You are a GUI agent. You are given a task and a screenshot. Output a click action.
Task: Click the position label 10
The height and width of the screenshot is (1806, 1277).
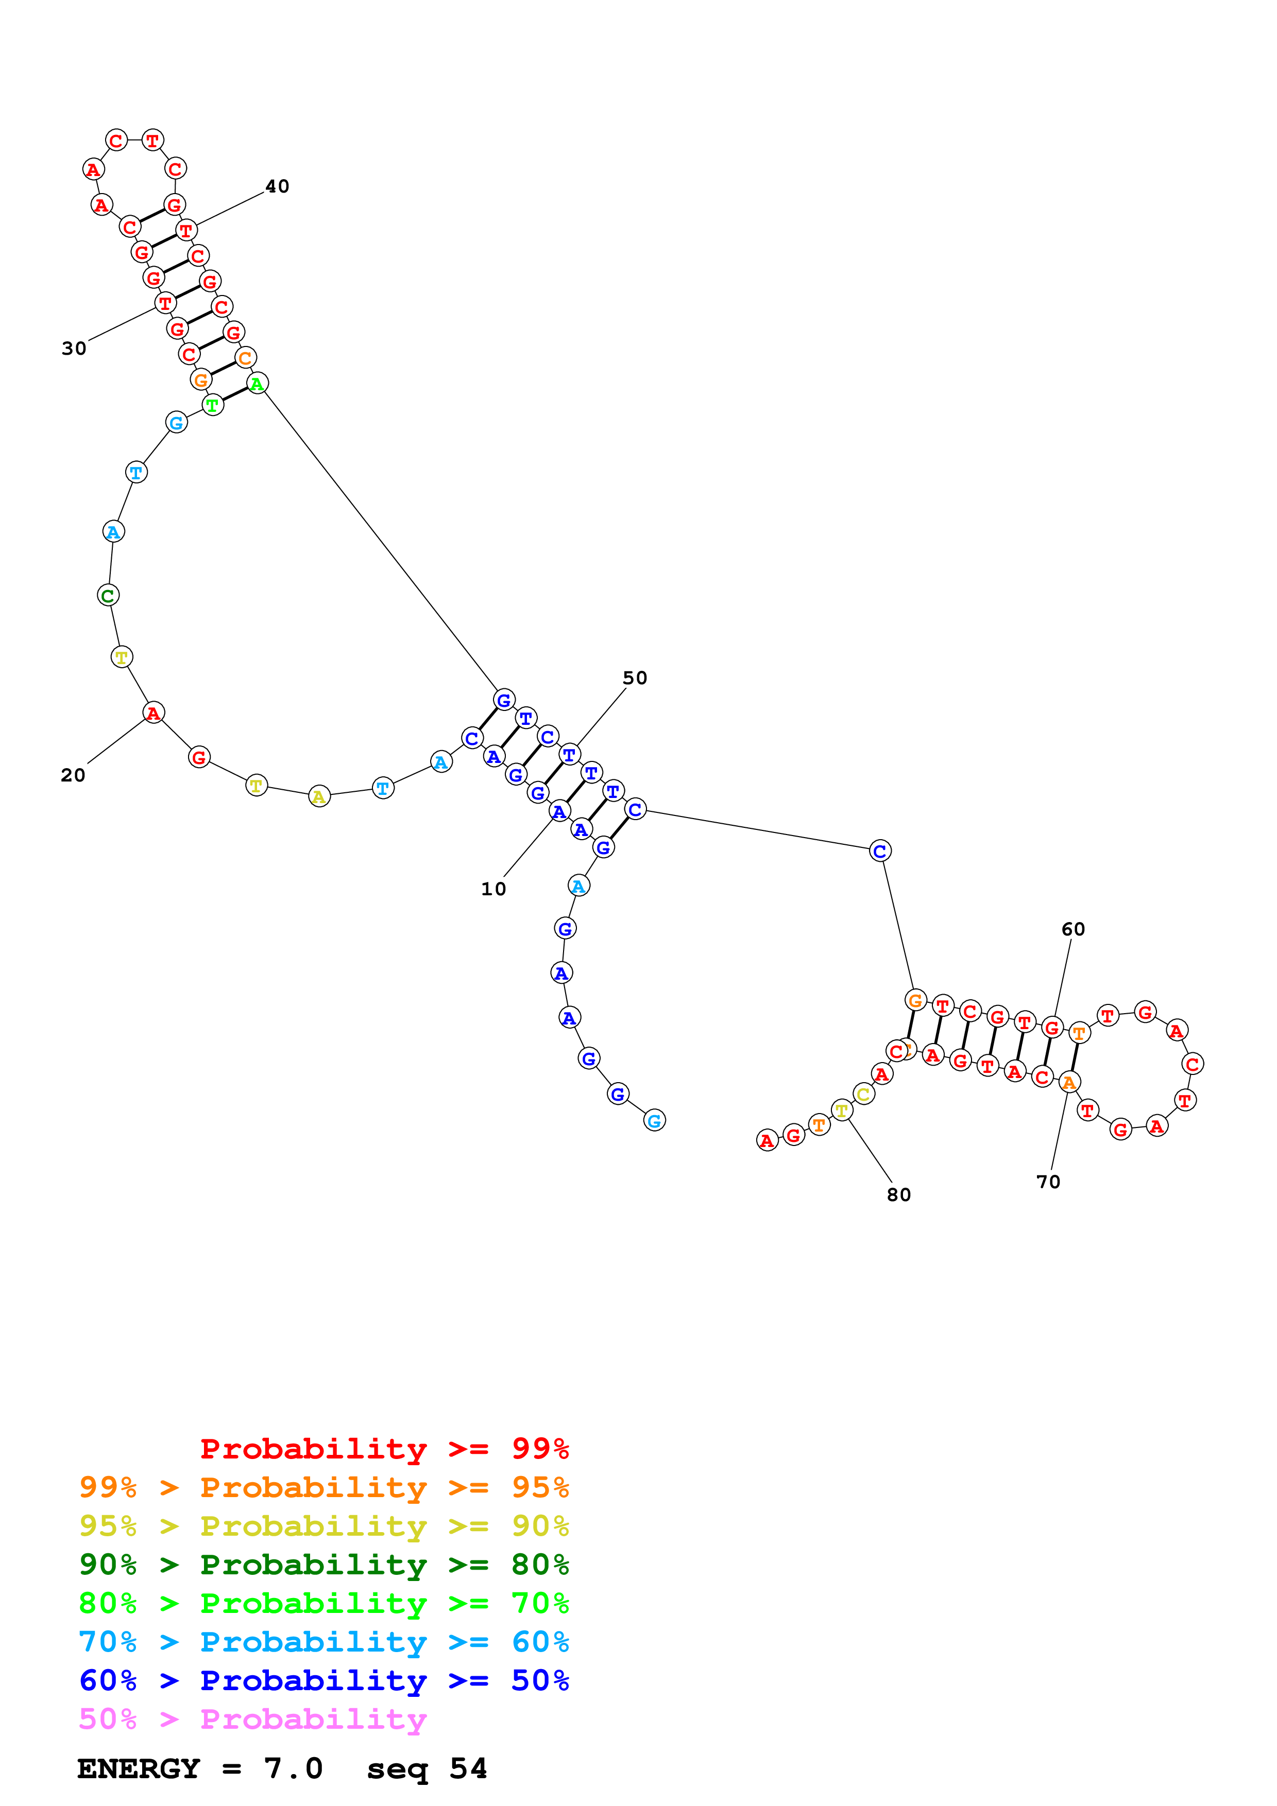493,889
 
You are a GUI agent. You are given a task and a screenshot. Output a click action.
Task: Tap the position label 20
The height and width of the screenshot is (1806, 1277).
73,775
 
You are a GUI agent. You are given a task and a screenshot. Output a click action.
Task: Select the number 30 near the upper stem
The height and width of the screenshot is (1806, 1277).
74,349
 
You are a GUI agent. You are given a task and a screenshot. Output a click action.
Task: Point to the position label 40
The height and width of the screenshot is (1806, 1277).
277,186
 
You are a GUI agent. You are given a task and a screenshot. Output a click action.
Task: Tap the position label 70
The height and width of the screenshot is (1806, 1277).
1048,1182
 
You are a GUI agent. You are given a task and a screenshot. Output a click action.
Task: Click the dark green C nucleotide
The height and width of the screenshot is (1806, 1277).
109,596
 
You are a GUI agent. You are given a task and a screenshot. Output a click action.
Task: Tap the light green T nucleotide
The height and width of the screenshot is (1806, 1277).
212,405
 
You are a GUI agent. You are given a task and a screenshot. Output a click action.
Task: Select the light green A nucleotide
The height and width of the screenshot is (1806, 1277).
257,384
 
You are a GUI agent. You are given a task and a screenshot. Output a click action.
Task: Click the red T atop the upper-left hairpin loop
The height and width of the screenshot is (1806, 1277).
152,141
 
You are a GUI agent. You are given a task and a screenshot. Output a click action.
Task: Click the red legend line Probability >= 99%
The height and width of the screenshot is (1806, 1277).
384,1449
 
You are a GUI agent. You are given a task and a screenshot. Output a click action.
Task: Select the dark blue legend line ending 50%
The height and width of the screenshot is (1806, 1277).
323,1680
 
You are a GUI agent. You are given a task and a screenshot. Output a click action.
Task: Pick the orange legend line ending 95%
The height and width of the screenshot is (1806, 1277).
323,1487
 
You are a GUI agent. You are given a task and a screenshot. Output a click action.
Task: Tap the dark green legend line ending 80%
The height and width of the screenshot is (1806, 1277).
323,1565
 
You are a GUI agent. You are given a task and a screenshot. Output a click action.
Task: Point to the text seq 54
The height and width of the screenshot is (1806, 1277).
427,1768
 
